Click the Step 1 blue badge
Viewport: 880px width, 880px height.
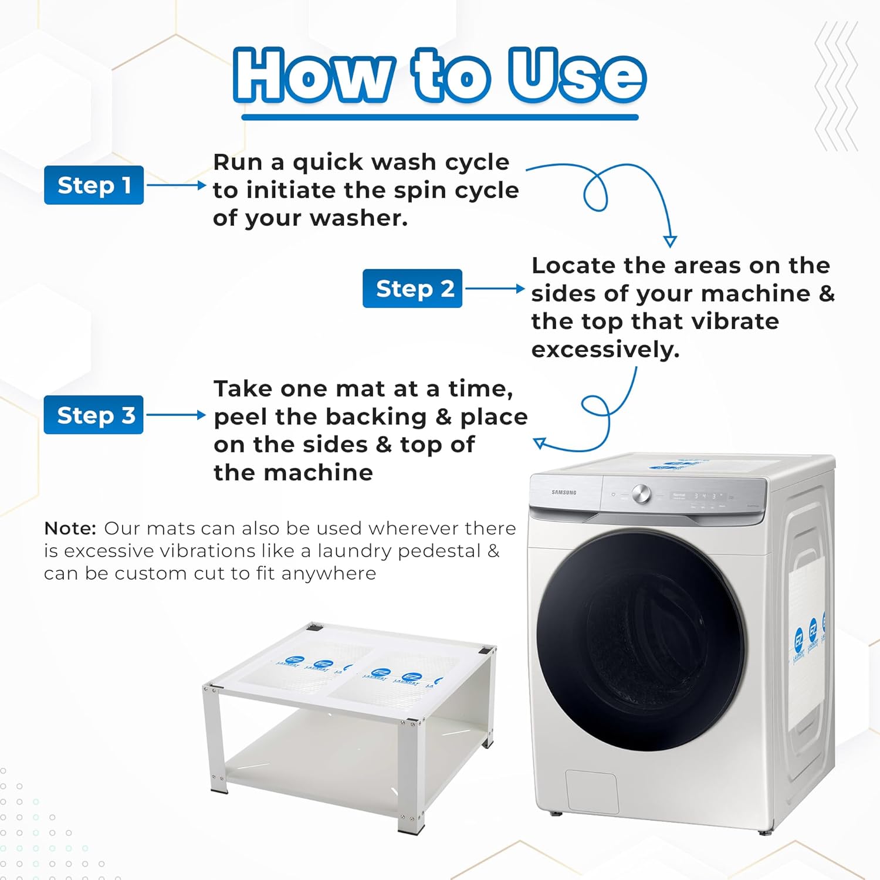(94, 185)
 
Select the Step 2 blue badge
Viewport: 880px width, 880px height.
(412, 289)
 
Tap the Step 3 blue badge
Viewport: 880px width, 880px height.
(94, 415)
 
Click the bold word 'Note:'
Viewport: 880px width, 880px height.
(70, 529)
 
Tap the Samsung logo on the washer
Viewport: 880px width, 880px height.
(564, 493)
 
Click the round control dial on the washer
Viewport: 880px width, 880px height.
(641, 494)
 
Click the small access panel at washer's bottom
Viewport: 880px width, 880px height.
(591, 792)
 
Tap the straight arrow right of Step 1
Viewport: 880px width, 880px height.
(176, 185)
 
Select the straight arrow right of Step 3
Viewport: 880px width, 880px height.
(176, 415)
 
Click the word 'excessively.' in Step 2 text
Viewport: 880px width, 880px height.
(605, 350)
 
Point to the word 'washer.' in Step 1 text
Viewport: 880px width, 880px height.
(358, 218)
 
